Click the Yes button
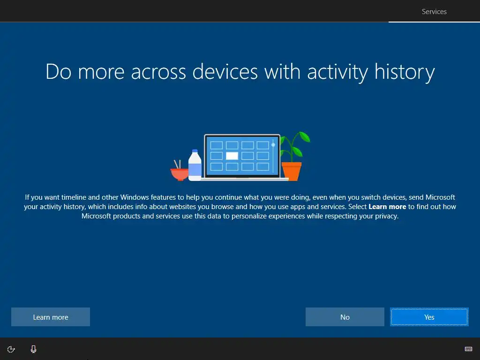pyautogui.click(x=429, y=317)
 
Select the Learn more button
pyautogui.click(x=51, y=317)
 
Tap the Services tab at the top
pyautogui.click(x=434, y=12)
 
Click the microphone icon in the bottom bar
pyautogui.click(x=34, y=349)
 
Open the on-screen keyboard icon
pyautogui.click(x=468, y=349)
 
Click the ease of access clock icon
pyautogui.click(x=11, y=349)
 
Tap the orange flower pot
pyautogui.click(x=292, y=172)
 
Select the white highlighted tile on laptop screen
pyautogui.click(x=232, y=156)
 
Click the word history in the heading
pyautogui.click(x=405, y=72)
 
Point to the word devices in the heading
pyautogui.click(x=225, y=72)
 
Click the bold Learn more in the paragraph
pyautogui.click(x=387, y=207)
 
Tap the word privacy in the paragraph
pyautogui.click(x=387, y=216)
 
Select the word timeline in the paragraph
pyautogui.click(x=74, y=197)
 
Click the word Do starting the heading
pyautogui.click(x=59, y=72)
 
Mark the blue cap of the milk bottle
pyautogui.click(x=195, y=151)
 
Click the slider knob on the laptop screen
pyautogui.click(x=273, y=145)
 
